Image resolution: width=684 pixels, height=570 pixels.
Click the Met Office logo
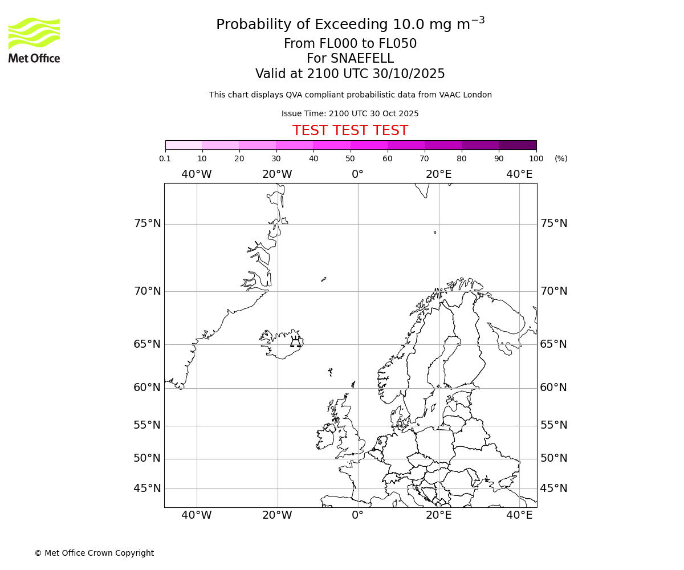(x=34, y=40)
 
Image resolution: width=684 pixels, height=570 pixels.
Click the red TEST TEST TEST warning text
(x=350, y=131)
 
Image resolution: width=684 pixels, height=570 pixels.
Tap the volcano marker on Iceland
(x=295, y=342)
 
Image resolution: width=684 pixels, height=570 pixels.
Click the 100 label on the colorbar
(x=536, y=158)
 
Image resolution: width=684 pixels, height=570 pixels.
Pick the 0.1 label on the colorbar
(x=165, y=158)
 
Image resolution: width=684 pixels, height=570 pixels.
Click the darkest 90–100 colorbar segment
(x=518, y=145)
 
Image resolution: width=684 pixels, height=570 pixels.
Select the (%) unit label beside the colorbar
(x=561, y=158)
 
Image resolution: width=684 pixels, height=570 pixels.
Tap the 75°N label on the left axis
(x=148, y=223)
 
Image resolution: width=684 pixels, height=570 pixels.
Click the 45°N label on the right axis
(x=553, y=488)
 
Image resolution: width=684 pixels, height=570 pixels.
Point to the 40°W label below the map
(x=197, y=515)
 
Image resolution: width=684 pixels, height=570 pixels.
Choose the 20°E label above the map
(x=438, y=174)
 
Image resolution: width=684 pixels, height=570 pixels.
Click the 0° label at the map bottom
(x=357, y=515)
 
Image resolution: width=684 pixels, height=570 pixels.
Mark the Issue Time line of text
(x=350, y=114)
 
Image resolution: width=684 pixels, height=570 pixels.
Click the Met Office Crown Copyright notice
(x=94, y=553)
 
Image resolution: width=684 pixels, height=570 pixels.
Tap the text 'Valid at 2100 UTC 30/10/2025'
(x=350, y=74)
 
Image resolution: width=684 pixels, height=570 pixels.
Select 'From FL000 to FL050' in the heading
(x=350, y=44)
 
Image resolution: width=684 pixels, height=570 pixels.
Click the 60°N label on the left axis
(x=148, y=388)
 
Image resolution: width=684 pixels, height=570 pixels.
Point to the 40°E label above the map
(x=519, y=174)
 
